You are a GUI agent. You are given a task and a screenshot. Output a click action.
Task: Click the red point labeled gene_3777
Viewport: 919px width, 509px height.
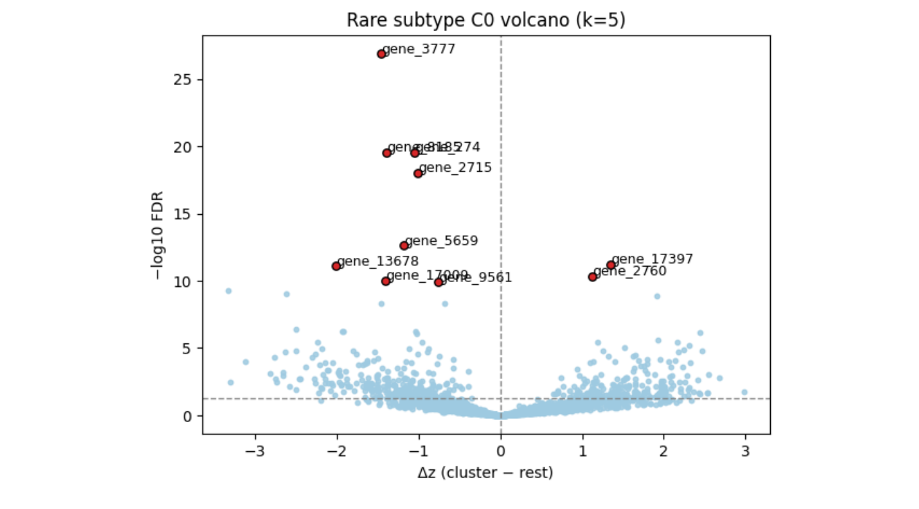pyautogui.click(x=381, y=54)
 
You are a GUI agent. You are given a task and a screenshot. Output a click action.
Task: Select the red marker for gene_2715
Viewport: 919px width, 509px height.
pyautogui.click(x=418, y=173)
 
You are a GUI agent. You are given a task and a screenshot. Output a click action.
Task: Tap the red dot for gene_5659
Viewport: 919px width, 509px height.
pyautogui.click(x=404, y=246)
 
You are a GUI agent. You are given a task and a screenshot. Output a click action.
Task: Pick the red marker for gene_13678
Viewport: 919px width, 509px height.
pyautogui.click(x=336, y=266)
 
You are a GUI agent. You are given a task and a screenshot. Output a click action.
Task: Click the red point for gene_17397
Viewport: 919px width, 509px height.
pyautogui.click(x=611, y=265)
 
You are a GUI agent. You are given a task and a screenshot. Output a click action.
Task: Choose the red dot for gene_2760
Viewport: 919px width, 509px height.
pyautogui.click(x=592, y=277)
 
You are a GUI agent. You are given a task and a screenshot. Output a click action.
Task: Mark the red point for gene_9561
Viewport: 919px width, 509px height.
pyautogui.click(x=439, y=282)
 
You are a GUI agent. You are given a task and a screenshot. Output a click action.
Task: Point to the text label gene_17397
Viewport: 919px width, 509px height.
pyautogui.click(x=652, y=259)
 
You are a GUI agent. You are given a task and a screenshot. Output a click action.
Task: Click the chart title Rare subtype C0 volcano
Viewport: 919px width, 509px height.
pyautogui.click(x=486, y=20)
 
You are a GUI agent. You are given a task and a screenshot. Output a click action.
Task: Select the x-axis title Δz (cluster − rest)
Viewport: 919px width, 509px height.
pyautogui.click(x=485, y=473)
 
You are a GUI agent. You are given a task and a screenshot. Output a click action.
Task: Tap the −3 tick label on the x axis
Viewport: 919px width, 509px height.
pyautogui.click(x=253, y=450)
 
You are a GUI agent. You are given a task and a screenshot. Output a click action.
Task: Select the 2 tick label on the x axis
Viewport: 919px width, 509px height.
pyautogui.click(x=664, y=450)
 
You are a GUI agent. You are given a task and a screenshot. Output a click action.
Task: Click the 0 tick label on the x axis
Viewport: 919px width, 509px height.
pyautogui.click(x=501, y=450)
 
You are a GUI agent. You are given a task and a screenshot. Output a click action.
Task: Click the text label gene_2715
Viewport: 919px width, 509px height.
pyautogui.click(x=455, y=168)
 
